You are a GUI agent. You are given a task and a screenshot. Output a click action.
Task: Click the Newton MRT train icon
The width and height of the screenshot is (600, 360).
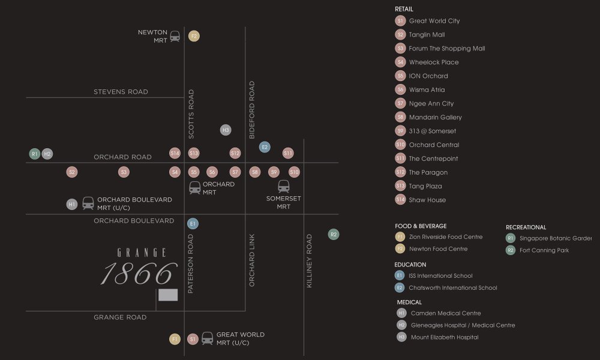tap(175, 36)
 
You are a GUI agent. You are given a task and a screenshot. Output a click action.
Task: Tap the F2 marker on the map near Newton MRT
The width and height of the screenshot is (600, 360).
tap(193, 36)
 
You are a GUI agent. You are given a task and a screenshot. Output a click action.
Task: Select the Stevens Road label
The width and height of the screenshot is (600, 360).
tap(121, 92)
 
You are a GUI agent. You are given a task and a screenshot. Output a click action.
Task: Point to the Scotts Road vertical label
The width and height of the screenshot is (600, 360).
tap(191, 114)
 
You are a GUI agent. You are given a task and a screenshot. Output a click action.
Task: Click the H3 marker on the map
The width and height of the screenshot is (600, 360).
tap(226, 130)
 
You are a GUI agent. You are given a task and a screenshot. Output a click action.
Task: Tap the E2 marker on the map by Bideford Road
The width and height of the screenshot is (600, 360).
tap(265, 146)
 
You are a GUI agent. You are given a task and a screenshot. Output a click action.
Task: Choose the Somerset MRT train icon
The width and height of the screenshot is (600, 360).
tap(284, 187)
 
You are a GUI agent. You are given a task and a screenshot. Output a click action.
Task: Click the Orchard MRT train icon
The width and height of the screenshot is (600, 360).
tap(195, 188)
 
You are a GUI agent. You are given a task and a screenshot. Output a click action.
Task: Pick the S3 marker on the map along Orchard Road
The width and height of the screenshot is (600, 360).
tap(124, 172)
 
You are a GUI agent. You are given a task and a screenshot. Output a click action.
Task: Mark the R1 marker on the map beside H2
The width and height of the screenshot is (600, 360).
tap(35, 154)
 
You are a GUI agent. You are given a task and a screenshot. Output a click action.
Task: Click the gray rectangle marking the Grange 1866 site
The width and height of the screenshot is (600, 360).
tap(168, 295)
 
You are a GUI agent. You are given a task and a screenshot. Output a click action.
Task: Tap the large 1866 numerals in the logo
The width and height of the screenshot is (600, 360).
tap(139, 274)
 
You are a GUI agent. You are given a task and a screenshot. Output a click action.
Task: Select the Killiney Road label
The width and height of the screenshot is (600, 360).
tap(310, 261)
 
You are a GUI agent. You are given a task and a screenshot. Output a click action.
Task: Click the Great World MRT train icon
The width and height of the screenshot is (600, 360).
tap(208, 339)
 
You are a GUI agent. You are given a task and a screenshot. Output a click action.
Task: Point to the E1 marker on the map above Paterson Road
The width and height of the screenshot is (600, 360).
tap(193, 224)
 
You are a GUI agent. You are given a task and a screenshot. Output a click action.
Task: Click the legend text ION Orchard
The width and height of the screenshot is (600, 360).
tap(428, 76)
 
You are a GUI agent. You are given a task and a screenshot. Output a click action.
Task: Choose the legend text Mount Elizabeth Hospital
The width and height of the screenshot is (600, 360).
tap(445, 337)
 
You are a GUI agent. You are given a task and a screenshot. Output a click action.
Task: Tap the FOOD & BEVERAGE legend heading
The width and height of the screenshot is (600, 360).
tap(421, 226)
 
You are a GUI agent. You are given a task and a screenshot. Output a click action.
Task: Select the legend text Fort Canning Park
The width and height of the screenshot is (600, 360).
tap(544, 250)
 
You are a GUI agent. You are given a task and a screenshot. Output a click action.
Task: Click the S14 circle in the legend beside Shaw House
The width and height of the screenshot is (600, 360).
tap(401, 200)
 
